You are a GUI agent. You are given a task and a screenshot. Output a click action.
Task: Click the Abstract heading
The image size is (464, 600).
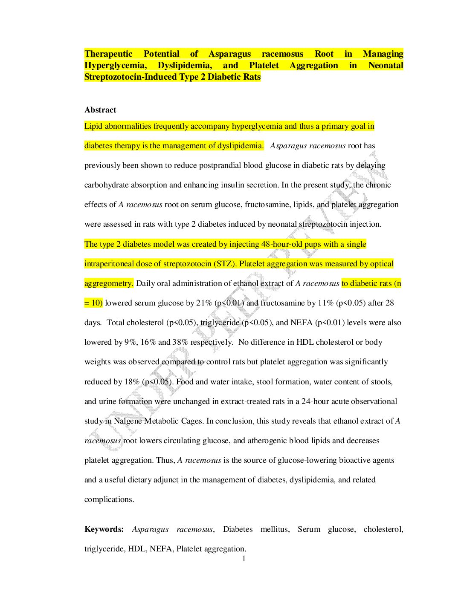(100, 110)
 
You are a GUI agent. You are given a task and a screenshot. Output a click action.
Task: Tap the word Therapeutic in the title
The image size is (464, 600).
(108, 54)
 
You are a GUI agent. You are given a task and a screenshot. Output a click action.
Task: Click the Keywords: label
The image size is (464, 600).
(104, 529)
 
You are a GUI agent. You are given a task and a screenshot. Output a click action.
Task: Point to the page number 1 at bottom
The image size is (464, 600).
(244, 559)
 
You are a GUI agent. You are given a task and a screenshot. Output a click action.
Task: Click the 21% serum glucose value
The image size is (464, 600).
(204, 303)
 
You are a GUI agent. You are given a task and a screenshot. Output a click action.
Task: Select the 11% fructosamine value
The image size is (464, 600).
(326, 303)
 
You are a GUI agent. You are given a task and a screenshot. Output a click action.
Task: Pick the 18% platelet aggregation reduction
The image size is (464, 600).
(132, 382)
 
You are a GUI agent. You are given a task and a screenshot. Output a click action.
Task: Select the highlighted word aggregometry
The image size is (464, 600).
(108, 283)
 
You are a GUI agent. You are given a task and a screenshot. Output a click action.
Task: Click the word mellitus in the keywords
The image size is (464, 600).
(275, 529)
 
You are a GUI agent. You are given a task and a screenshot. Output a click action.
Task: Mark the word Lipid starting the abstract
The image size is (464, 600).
(93, 126)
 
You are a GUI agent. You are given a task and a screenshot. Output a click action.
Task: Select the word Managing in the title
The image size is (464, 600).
(383, 54)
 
